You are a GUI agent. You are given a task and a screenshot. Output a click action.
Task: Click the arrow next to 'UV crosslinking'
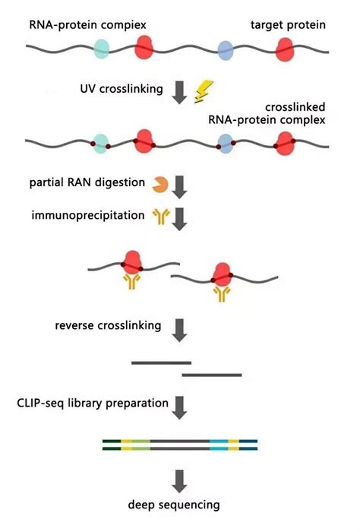[x=180, y=90]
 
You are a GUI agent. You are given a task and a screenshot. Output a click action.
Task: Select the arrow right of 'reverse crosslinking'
[x=180, y=328]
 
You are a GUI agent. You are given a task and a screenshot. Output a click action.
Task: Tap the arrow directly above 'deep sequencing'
[x=180, y=479]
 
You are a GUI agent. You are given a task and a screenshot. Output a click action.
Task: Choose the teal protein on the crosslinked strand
[x=99, y=141]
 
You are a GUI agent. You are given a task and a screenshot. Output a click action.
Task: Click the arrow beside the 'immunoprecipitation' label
[x=180, y=218]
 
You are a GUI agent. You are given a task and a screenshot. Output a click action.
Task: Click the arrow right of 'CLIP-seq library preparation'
[x=180, y=406]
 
